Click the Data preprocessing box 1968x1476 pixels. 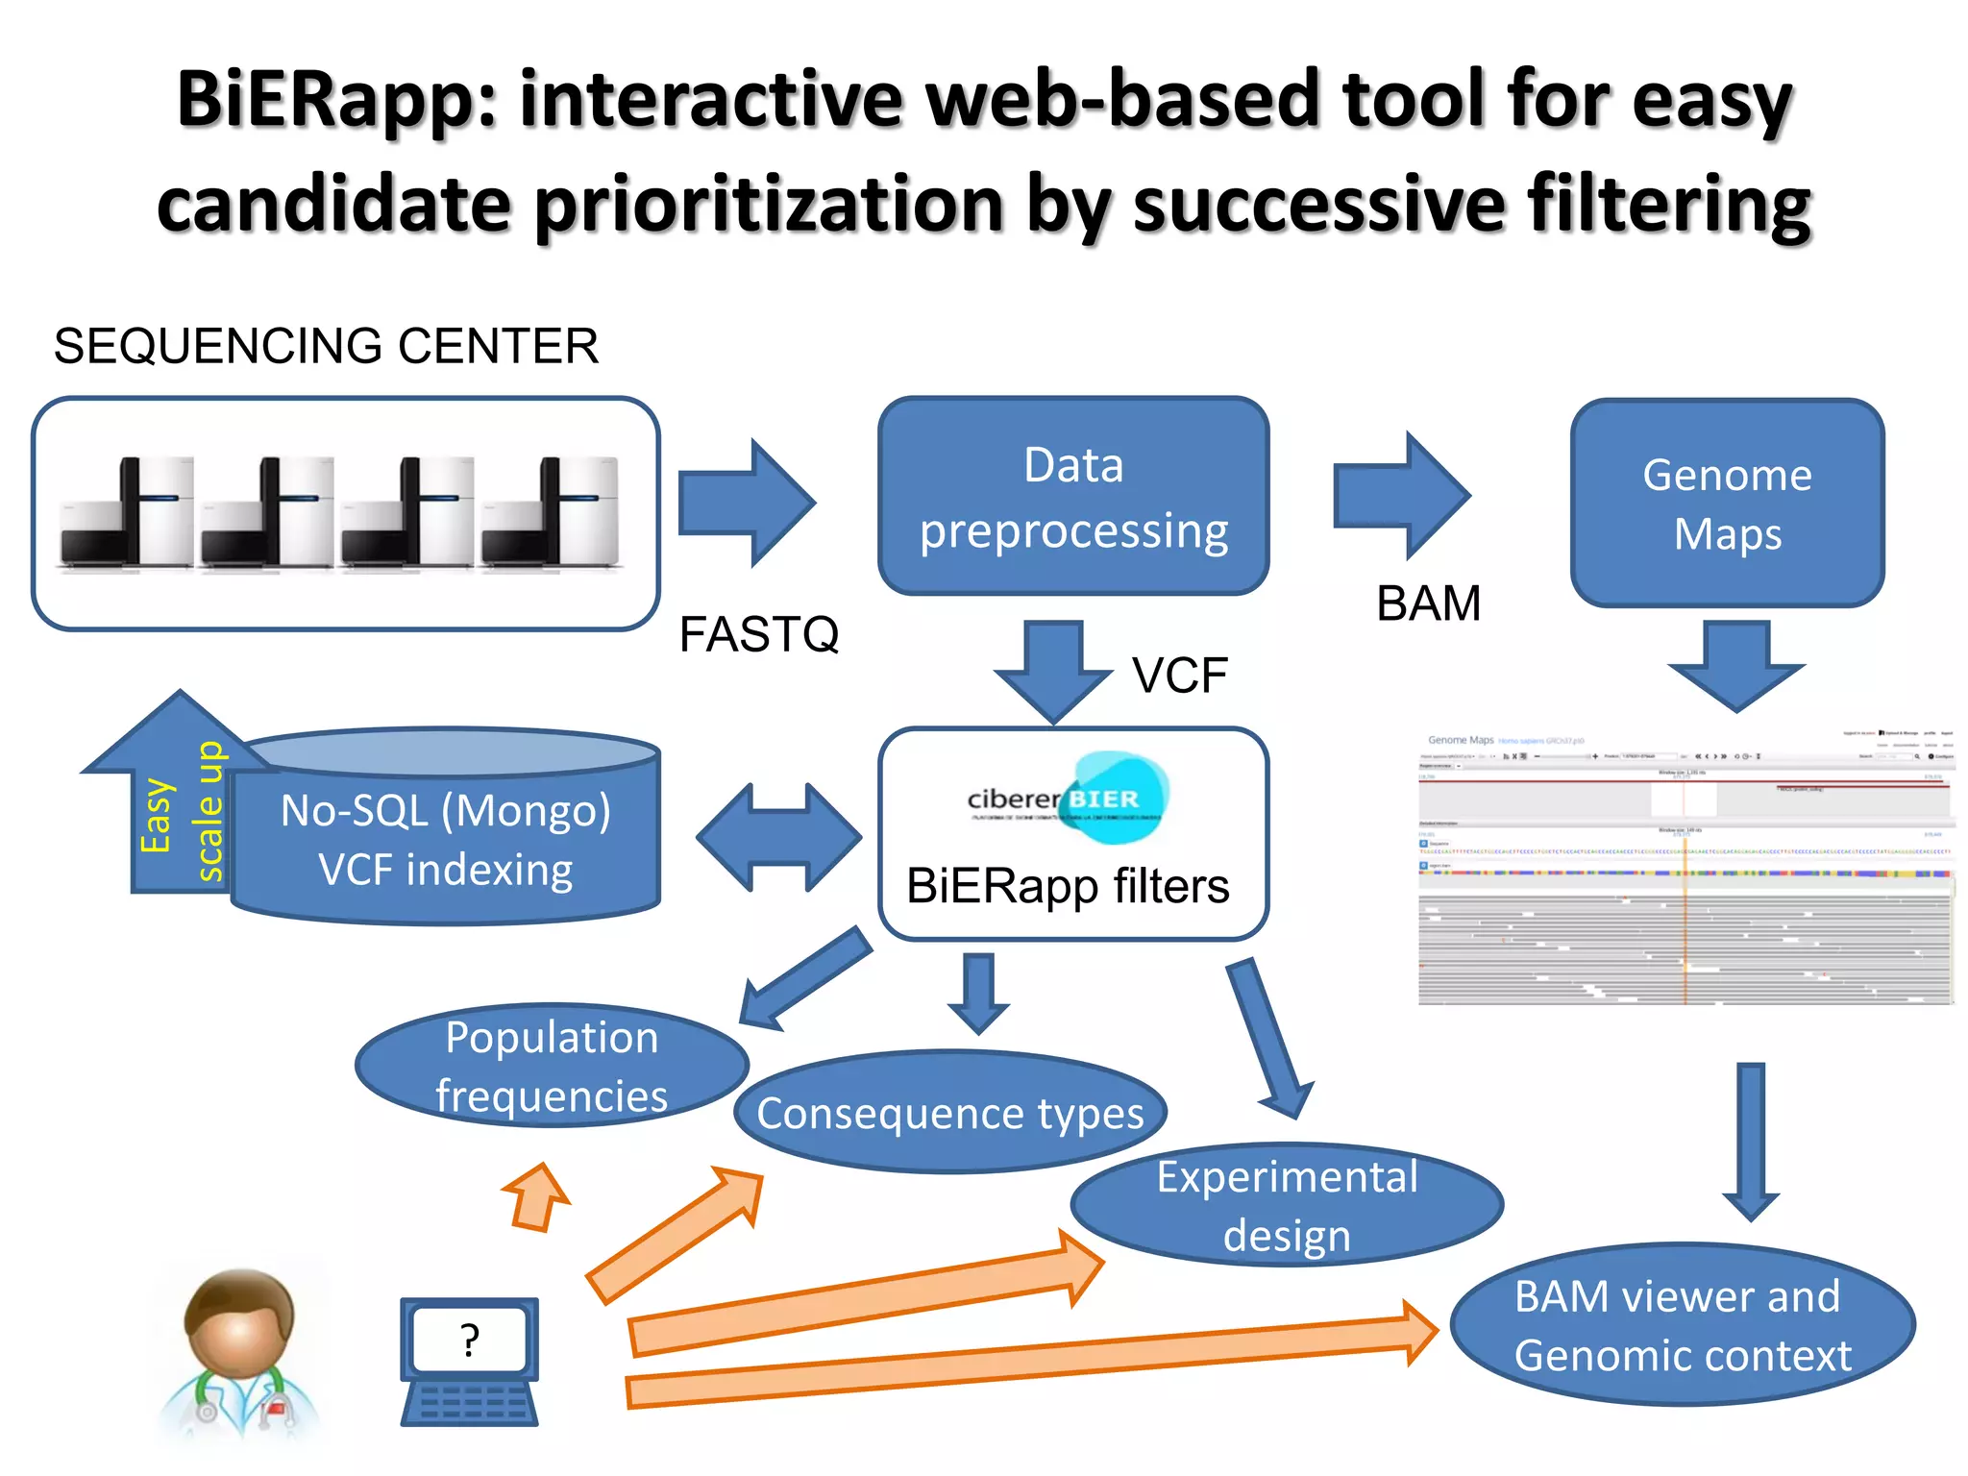(x=1073, y=496)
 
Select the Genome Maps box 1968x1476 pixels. (x=1727, y=503)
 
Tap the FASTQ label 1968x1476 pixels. (x=758, y=634)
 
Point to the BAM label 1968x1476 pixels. (x=1428, y=603)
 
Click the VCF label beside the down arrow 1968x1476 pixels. (x=1179, y=675)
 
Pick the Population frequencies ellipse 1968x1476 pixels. (x=551, y=1066)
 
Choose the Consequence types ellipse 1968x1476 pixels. (x=949, y=1113)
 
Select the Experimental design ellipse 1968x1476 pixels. (x=1286, y=1205)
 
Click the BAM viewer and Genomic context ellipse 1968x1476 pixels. (x=1682, y=1325)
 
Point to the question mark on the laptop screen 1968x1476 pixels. (x=469, y=1340)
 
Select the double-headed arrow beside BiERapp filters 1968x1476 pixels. (x=778, y=837)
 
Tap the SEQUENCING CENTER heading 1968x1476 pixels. (x=326, y=346)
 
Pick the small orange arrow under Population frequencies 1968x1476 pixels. (x=538, y=1197)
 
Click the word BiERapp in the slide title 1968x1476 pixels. (x=336, y=99)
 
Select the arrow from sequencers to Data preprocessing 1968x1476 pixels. (x=746, y=503)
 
